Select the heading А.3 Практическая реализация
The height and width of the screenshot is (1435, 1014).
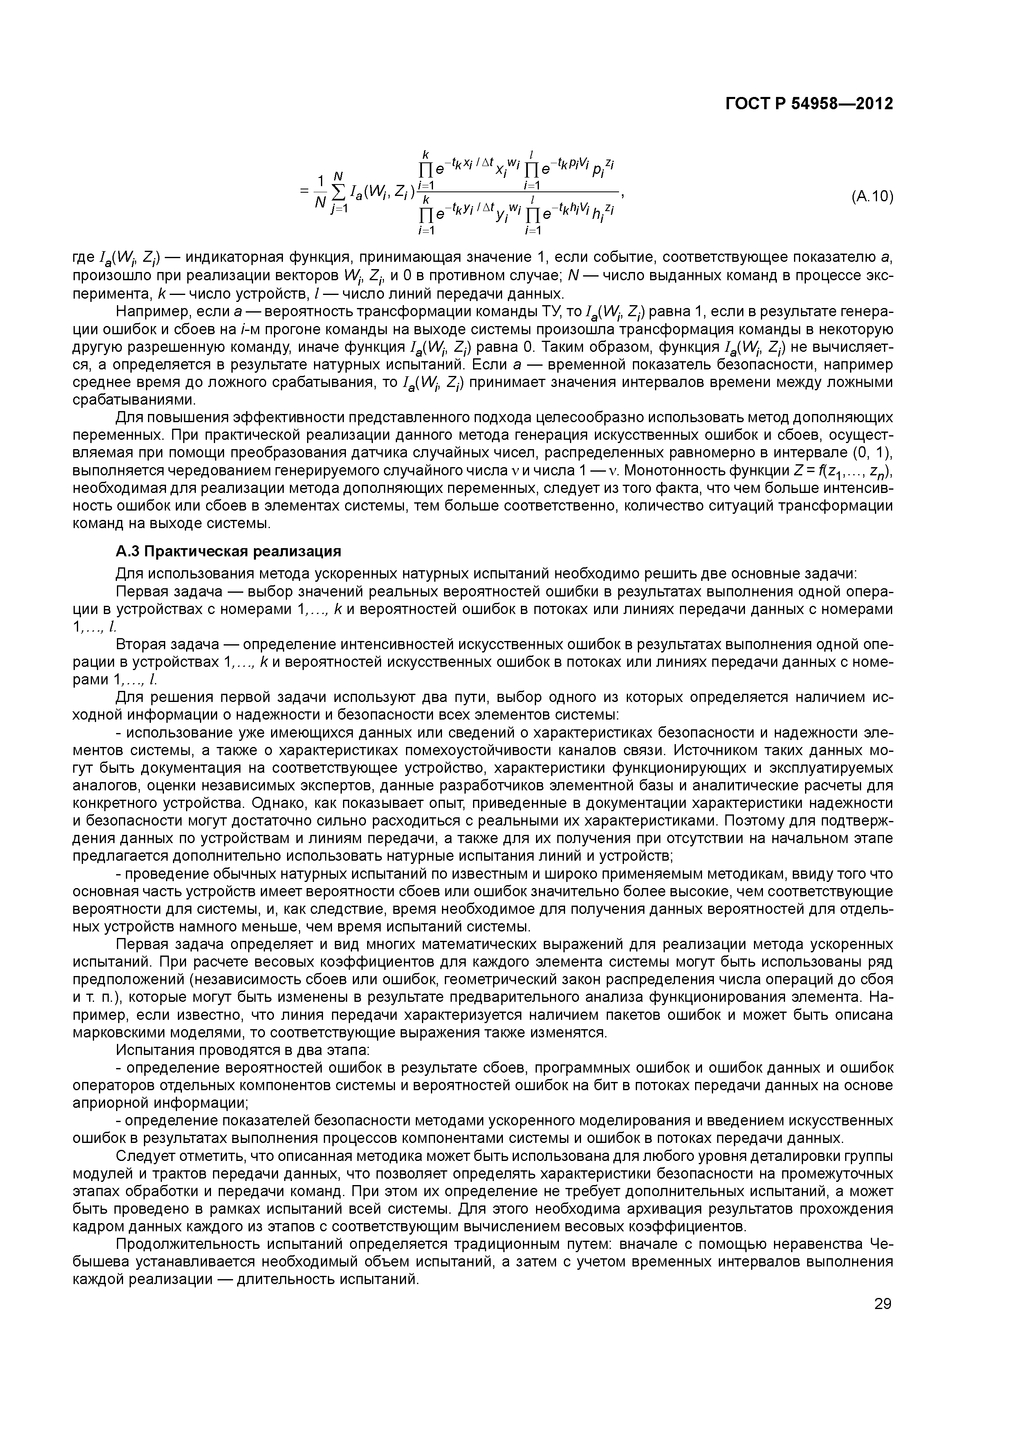tap(229, 551)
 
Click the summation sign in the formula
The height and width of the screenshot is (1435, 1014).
tap(338, 198)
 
